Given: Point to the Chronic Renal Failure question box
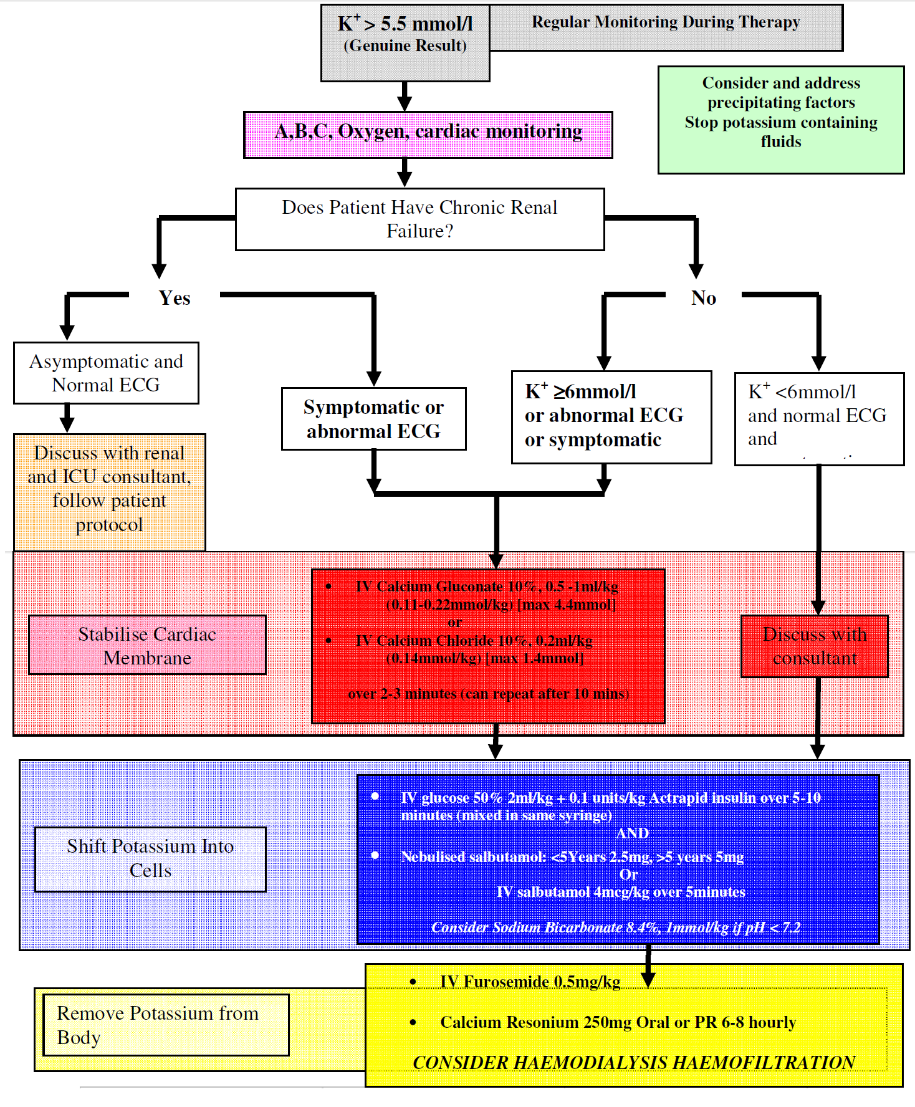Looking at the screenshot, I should (x=419, y=219).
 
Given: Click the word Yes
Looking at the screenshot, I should (x=175, y=298).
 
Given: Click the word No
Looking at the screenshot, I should (x=703, y=298).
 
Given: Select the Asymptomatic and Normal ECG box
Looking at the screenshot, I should (x=106, y=373).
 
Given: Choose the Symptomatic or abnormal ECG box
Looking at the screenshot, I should (x=373, y=419).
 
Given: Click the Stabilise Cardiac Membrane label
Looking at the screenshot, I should (x=147, y=645).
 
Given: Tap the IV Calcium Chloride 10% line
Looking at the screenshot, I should (x=474, y=641).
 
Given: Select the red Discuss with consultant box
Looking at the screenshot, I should (x=814, y=646).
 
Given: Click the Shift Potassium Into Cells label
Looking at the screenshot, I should (x=150, y=858).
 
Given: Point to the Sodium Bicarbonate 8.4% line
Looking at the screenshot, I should (x=616, y=927).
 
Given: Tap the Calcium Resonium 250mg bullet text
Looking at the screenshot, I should (x=618, y=1022).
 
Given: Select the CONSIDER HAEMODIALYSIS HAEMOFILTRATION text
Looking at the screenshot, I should (x=633, y=1062).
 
